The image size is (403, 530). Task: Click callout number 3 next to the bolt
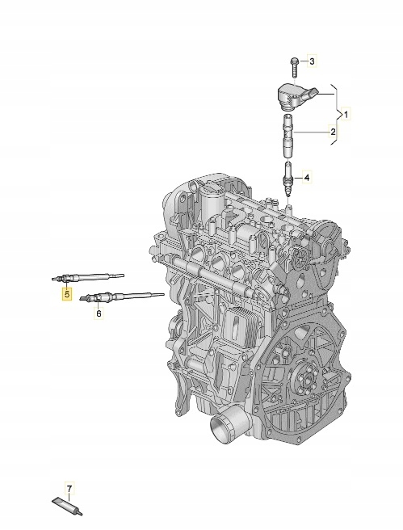click(x=313, y=61)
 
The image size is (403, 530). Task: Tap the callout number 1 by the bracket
click(x=348, y=114)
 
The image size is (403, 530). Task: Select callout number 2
click(x=331, y=131)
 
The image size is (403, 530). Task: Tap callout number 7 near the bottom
click(x=69, y=489)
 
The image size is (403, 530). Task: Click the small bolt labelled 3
click(x=295, y=63)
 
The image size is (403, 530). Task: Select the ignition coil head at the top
click(x=292, y=95)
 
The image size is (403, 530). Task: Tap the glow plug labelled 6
click(x=121, y=297)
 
